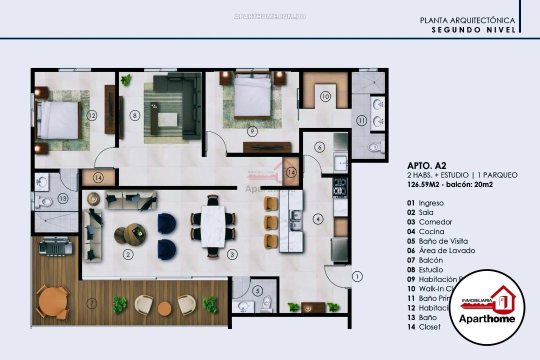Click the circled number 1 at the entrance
[357, 276]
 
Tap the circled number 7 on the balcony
[91, 303]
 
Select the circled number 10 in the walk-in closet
[325, 96]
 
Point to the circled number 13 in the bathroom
[62, 198]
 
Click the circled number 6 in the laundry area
[320, 147]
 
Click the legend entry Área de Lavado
[440, 250]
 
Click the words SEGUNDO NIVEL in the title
[473, 29]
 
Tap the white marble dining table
[213, 226]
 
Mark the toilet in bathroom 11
[374, 147]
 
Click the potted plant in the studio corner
[125, 79]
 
